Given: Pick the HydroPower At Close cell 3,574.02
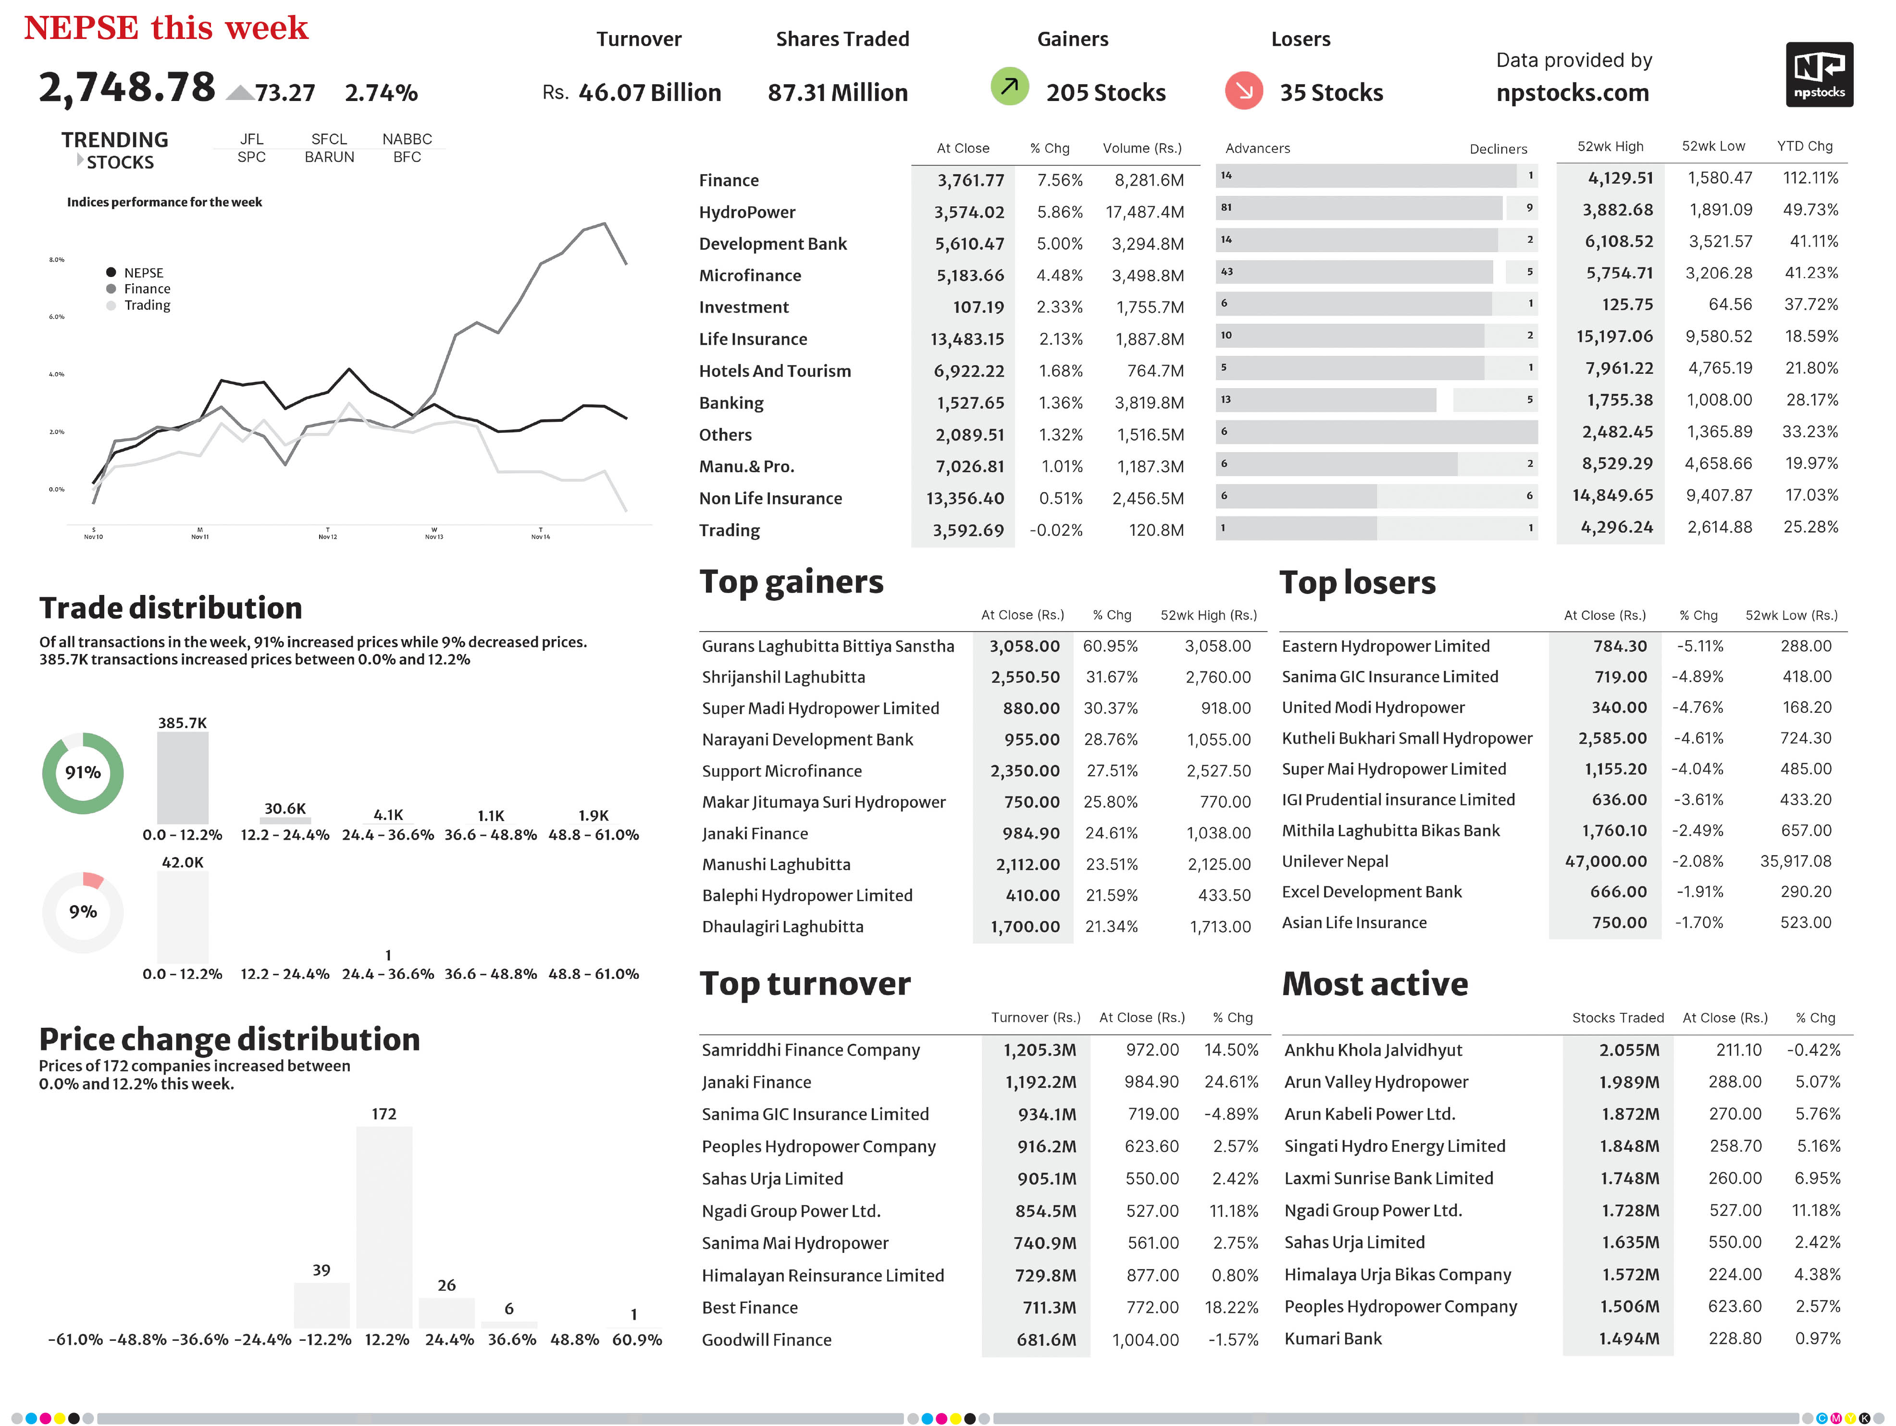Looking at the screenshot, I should point(968,212).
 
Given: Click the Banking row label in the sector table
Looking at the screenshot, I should point(731,403).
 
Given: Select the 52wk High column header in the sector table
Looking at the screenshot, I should point(1610,147).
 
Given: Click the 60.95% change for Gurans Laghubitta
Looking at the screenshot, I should point(1110,646).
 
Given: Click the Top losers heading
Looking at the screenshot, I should point(1357,583).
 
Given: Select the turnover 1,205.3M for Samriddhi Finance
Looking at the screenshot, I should point(1039,1049).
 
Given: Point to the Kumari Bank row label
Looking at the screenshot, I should point(1333,1338).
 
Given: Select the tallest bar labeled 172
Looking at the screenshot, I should point(384,1227).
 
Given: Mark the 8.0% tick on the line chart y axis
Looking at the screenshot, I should point(57,259).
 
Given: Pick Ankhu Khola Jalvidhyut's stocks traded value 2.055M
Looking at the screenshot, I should point(1629,1049).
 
